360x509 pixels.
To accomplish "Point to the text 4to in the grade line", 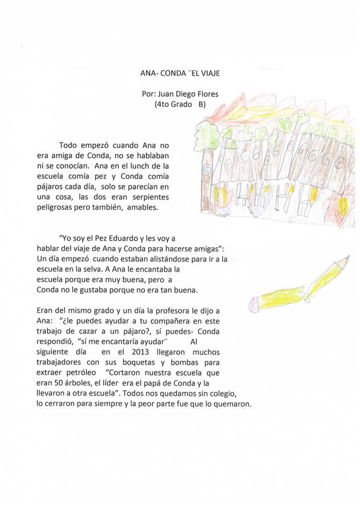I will pyautogui.click(x=163, y=105).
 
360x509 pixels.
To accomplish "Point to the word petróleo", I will pyautogui.click(x=79, y=372).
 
